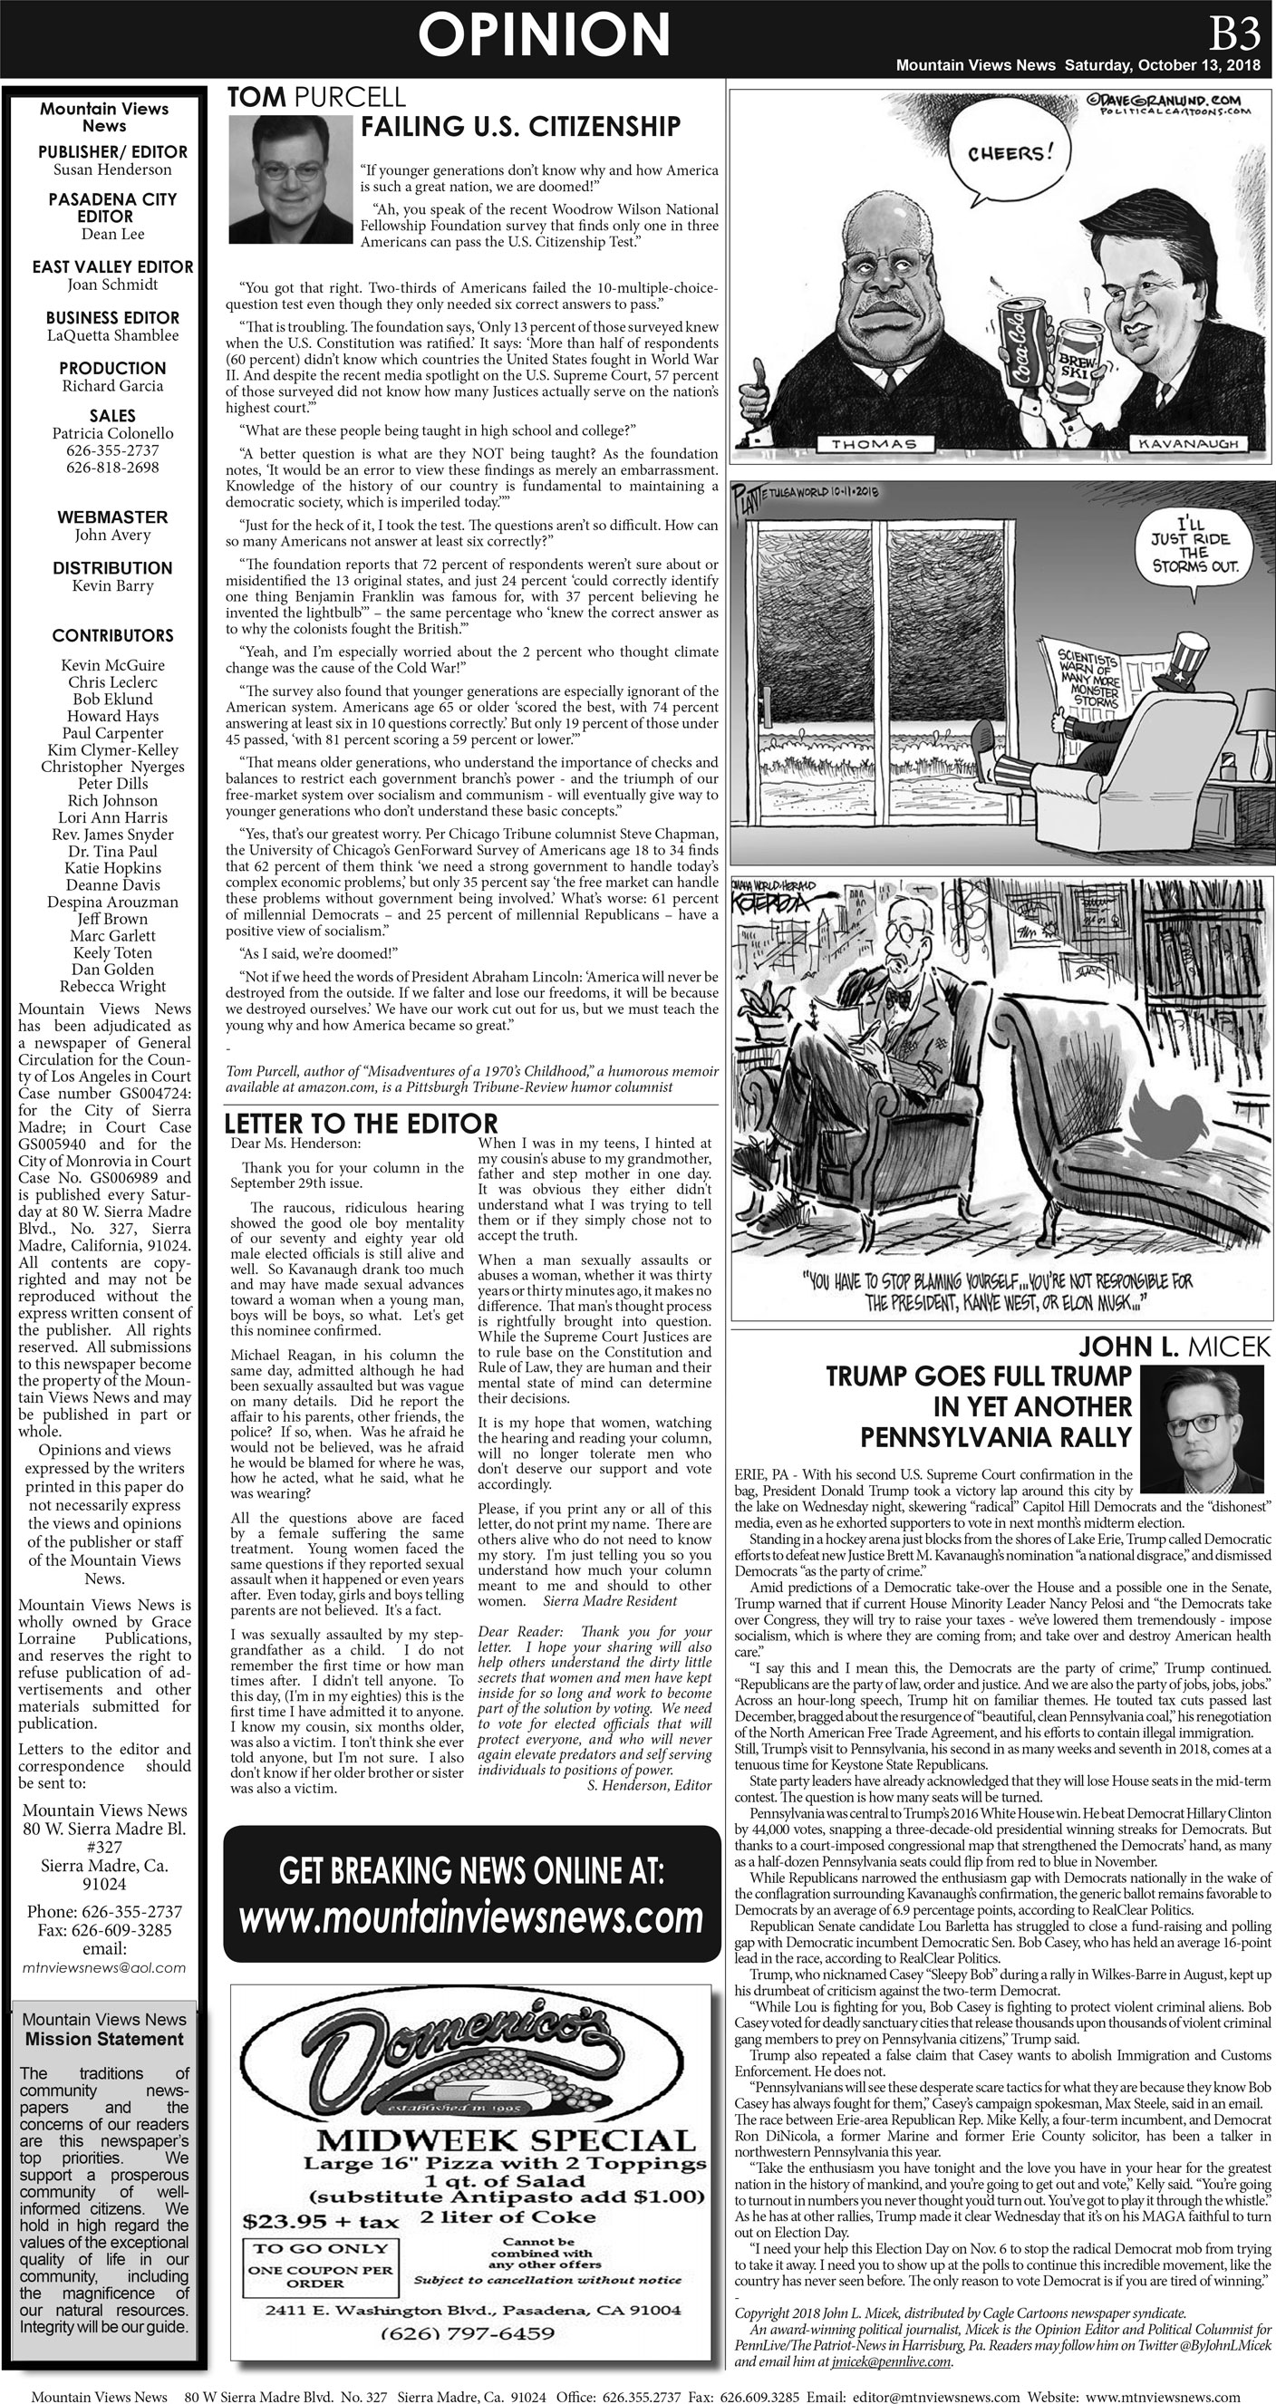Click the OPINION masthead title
coord(543,35)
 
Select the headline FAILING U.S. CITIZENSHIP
coord(521,127)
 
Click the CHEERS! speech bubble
coord(1007,155)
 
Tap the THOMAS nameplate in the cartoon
coord(873,445)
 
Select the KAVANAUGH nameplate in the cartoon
coord(1187,444)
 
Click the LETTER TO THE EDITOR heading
coord(362,1123)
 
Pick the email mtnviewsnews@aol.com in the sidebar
coord(103,1966)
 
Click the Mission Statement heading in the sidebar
coord(103,2038)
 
